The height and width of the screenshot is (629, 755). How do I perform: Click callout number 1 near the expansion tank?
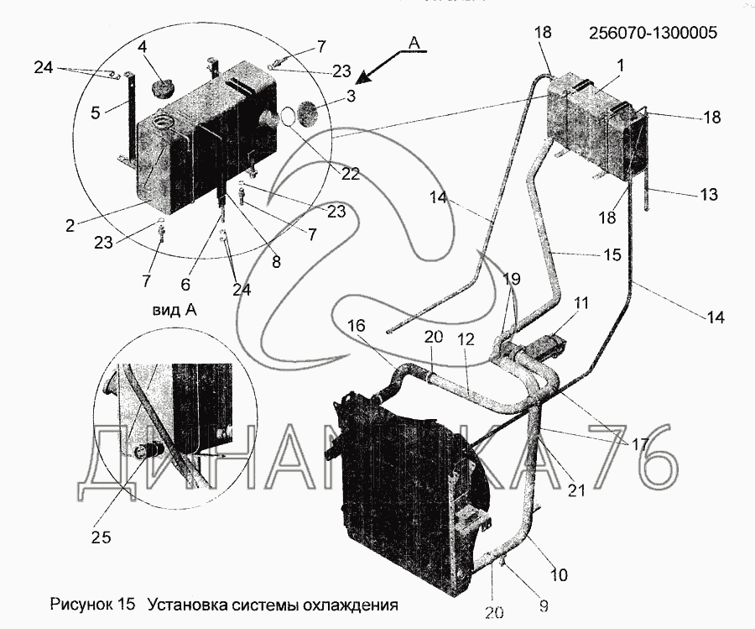pos(621,66)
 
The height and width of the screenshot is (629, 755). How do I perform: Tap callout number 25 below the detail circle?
pos(102,537)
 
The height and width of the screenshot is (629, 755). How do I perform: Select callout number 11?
pos(581,303)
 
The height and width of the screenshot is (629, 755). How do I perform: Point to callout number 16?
pos(357,325)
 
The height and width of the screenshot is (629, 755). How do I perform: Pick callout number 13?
pos(707,194)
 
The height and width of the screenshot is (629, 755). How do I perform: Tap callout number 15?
pos(612,254)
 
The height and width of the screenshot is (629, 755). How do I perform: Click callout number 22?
pos(351,174)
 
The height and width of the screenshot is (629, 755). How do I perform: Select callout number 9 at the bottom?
pos(544,605)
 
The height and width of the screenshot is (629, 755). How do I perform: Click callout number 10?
pos(559,574)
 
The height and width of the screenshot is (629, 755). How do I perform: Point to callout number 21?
pos(575,490)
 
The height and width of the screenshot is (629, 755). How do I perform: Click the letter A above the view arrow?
pos(414,43)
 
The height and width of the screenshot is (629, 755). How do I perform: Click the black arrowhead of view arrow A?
pos(367,77)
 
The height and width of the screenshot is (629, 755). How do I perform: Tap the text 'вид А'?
pos(174,311)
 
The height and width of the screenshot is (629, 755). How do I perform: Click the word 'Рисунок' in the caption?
pos(80,605)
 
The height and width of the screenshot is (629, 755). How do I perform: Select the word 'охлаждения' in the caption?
pos(350,605)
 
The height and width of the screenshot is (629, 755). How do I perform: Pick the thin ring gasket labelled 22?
pos(288,117)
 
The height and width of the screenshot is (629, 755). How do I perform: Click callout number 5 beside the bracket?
pos(96,113)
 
